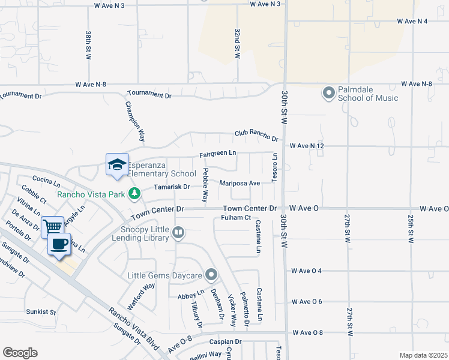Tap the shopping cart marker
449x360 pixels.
(x=53, y=227)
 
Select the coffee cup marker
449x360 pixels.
(x=59, y=244)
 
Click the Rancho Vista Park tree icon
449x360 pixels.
(x=136, y=193)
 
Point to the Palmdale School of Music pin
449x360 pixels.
(x=328, y=94)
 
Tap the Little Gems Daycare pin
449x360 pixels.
(x=211, y=275)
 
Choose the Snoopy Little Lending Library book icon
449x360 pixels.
(x=178, y=232)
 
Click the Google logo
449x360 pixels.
(x=20, y=353)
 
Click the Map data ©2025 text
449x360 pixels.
(x=423, y=355)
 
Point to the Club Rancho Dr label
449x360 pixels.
(x=256, y=136)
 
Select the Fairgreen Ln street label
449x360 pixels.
(x=218, y=154)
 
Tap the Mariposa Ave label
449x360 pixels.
(x=240, y=183)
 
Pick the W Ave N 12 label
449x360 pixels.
(x=307, y=146)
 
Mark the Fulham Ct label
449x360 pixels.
(x=235, y=217)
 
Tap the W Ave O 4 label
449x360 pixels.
(x=307, y=271)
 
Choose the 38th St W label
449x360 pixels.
(x=88, y=45)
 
